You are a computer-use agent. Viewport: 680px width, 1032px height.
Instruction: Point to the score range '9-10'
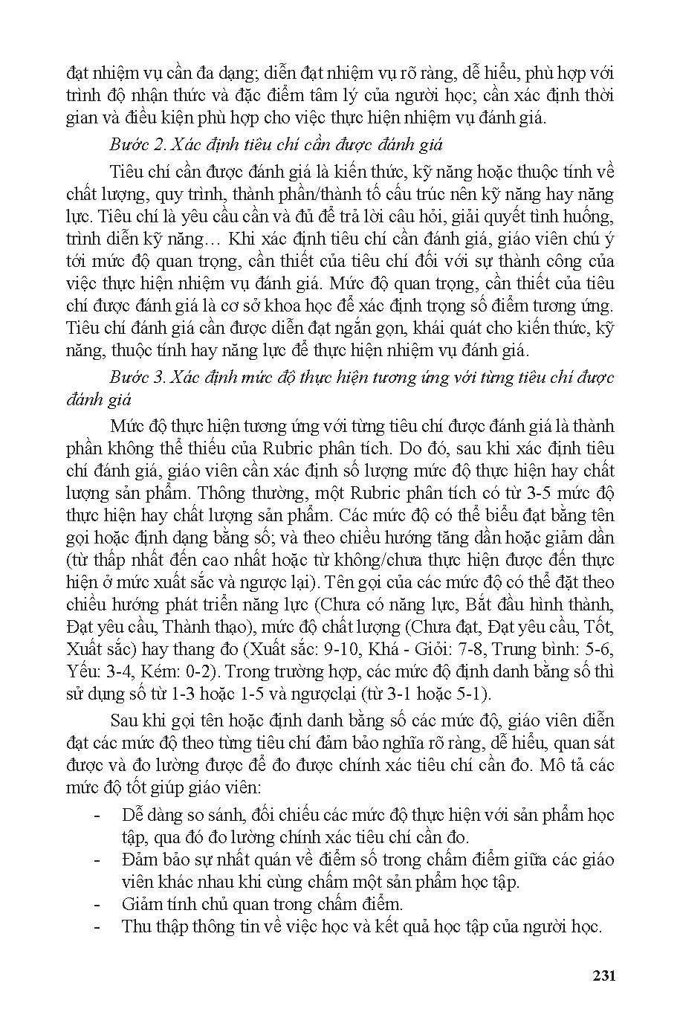343,649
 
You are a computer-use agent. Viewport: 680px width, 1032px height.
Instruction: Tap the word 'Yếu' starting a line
81,671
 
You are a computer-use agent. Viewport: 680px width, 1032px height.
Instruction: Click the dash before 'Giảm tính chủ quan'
97,905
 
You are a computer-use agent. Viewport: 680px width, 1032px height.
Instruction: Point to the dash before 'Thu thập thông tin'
97,927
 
